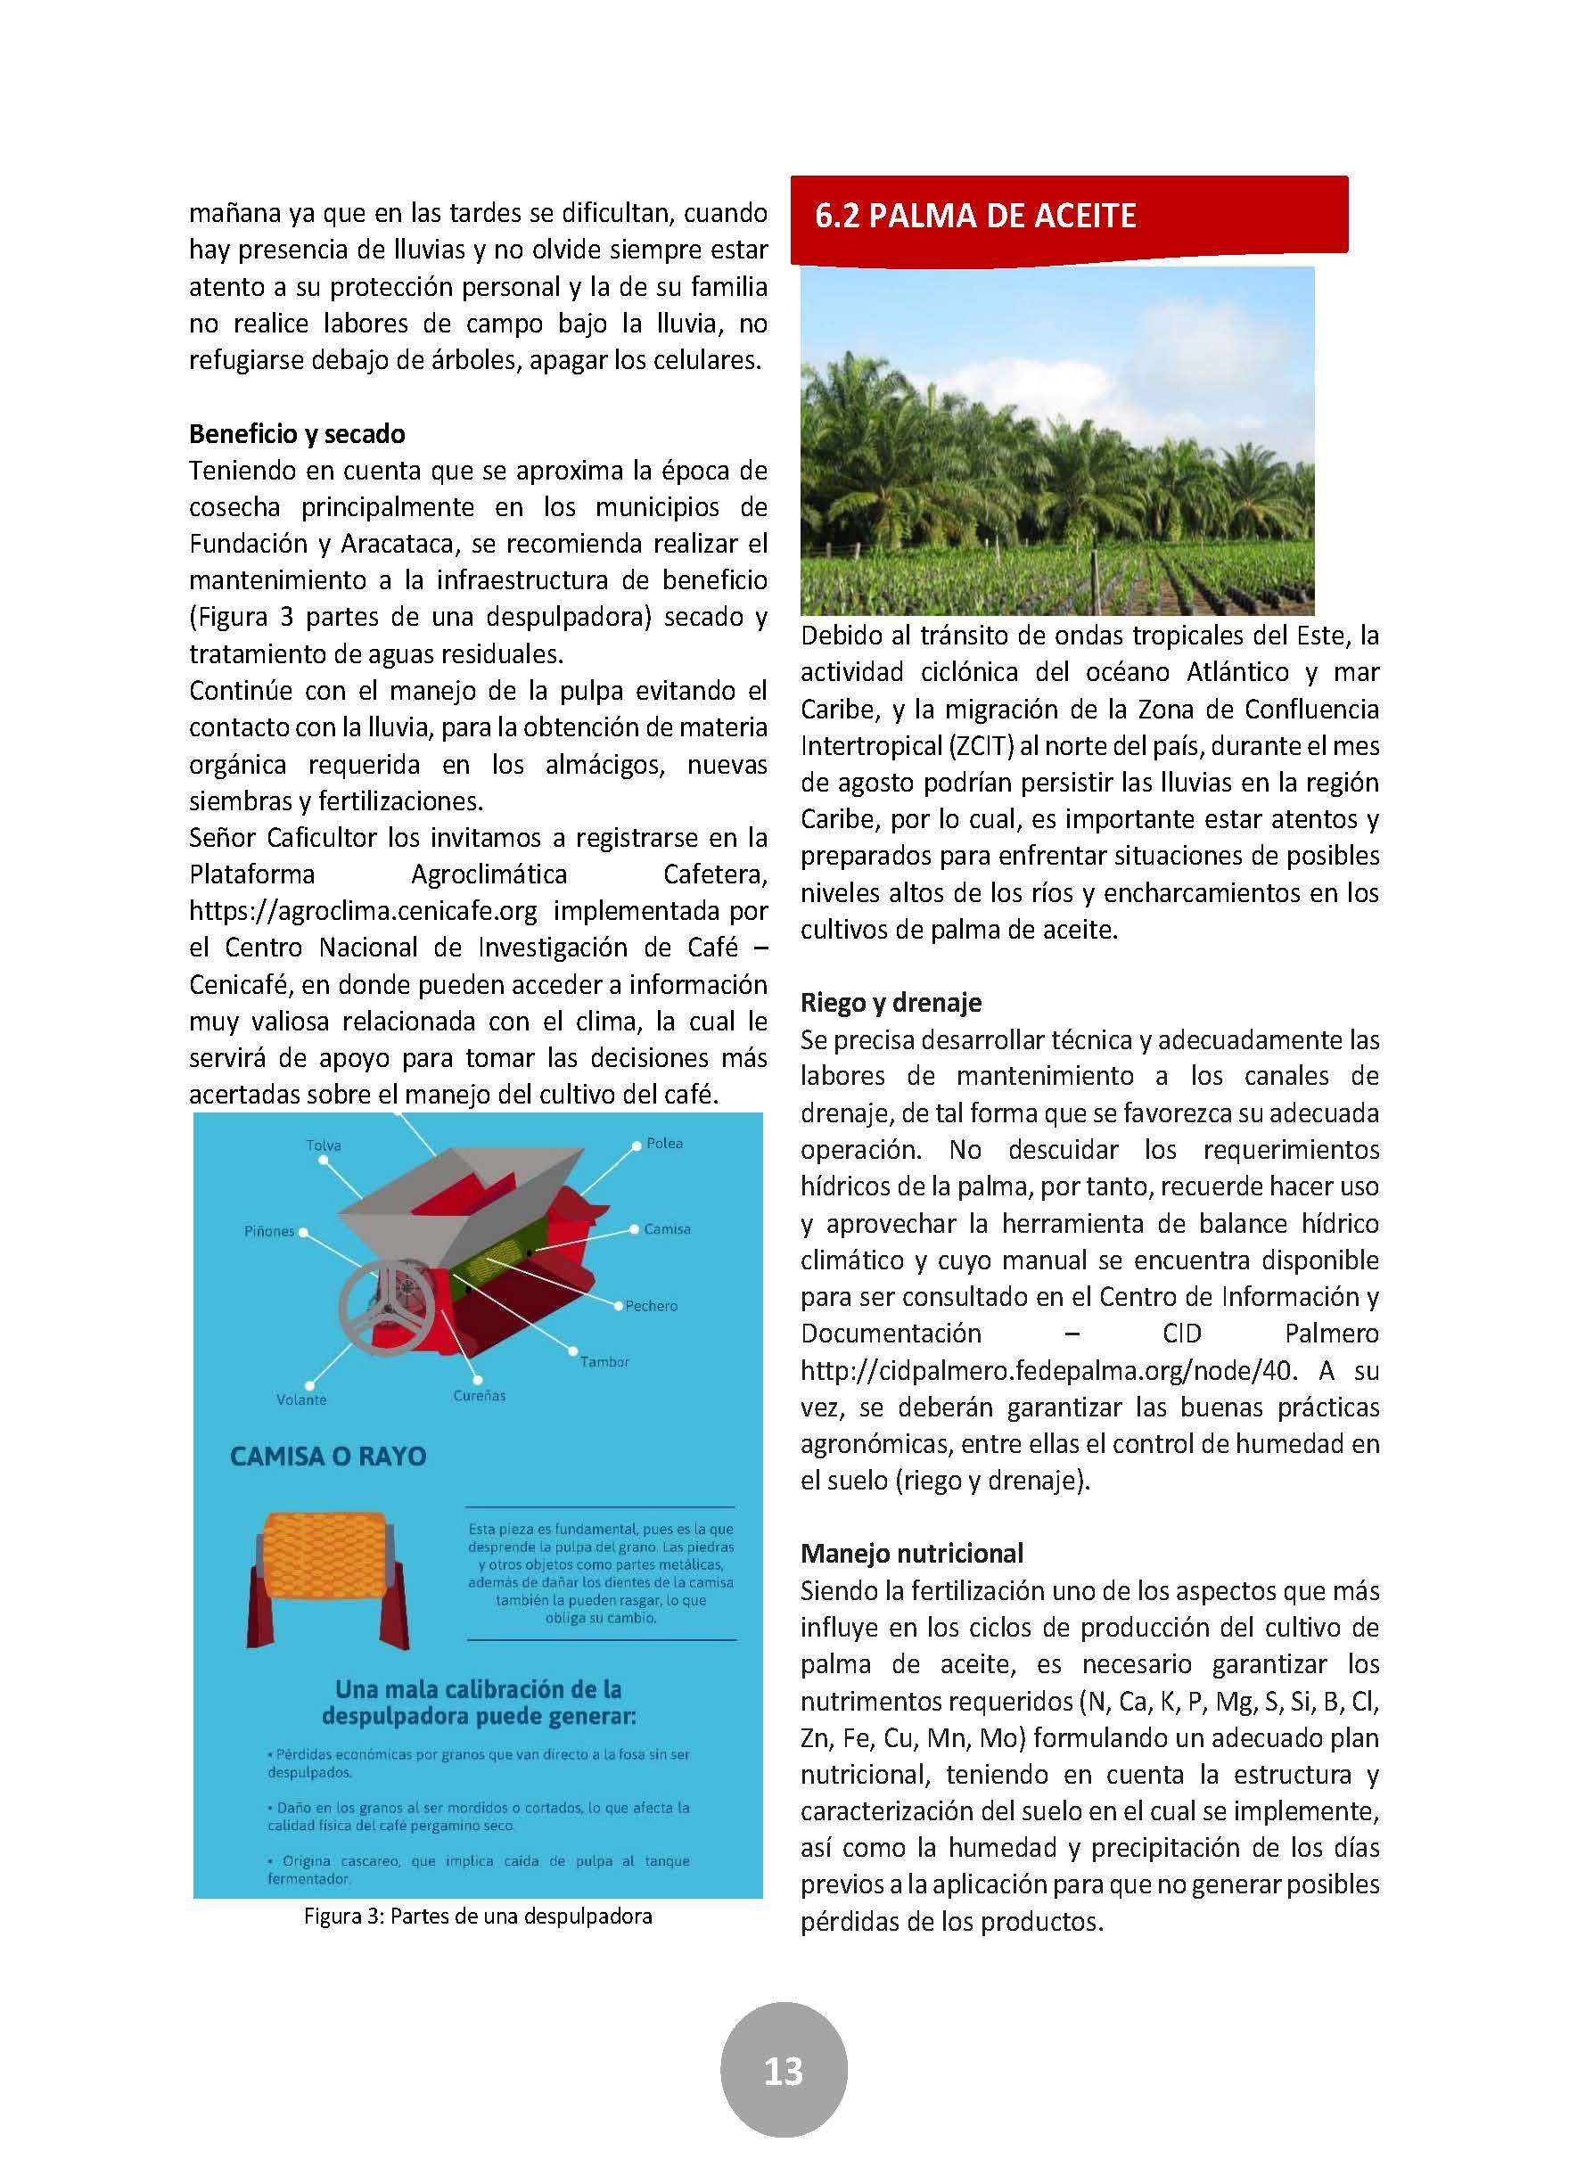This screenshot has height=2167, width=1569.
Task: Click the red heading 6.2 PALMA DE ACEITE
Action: pyautogui.click(x=974, y=216)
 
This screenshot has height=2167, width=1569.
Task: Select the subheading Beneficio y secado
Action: pyautogui.click(x=297, y=434)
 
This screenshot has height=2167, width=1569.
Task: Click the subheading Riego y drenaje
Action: pyautogui.click(x=891, y=1002)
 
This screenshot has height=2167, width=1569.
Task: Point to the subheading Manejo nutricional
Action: pyautogui.click(x=912, y=1554)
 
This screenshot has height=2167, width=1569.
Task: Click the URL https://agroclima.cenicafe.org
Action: pyautogui.click(x=363, y=912)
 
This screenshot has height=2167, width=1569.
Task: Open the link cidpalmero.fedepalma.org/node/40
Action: pyautogui.click(x=1048, y=1371)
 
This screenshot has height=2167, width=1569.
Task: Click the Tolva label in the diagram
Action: pyautogui.click(x=324, y=1145)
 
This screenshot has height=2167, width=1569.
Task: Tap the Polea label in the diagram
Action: pyautogui.click(x=664, y=1143)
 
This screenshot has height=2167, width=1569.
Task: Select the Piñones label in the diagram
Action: pyautogui.click(x=269, y=1232)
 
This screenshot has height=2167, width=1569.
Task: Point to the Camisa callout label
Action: pyautogui.click(x=666, y=1228)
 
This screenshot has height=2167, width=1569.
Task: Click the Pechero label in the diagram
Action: pyautogui.click(x=651, y=1305)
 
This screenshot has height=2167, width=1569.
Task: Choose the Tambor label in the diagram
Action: pyautogui.click(x=604, y=1361)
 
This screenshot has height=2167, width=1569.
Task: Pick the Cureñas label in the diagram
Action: pyautogui.click(x=480, y=1395)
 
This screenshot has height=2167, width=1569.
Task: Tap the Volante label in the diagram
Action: pyautogui.click(x=301, y=1400)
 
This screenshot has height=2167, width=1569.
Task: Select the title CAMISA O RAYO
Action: pyautogui.click(x=328, y=1457)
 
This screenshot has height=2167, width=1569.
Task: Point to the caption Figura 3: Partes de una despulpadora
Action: pyautogui.click(x=478, y=1916)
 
